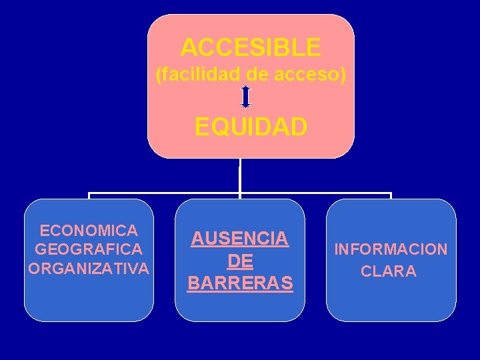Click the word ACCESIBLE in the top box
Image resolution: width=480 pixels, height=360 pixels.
(x=251, y=48)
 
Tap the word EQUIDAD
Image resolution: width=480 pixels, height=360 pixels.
(x=251, y=127)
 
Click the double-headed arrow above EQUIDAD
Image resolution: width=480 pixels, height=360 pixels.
(x=245, y=97)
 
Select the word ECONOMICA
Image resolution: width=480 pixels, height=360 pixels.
(x=89, y=231)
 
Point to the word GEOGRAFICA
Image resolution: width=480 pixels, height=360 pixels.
(x=89, y=249)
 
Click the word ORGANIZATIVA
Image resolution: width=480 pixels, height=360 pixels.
(x=89, y=269)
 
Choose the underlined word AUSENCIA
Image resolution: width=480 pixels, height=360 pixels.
(x=240, y=238)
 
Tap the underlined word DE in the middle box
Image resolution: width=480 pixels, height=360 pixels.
(x=240, y=261)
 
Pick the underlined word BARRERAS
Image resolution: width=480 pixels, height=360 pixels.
(x=240, y=283)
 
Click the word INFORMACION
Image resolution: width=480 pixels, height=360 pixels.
(x=391, y=250)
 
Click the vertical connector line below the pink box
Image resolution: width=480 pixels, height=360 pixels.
(x=240, y=177)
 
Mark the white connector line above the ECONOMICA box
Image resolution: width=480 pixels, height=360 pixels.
(x=89, y=196)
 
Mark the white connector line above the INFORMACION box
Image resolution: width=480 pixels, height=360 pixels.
(x=391, y=196)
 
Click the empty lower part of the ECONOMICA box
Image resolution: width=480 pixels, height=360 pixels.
(x=89, y=300)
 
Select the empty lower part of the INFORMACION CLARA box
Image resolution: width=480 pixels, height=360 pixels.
(x=391, y=300)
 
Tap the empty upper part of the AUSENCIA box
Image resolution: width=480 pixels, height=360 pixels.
(x=240, y=212)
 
